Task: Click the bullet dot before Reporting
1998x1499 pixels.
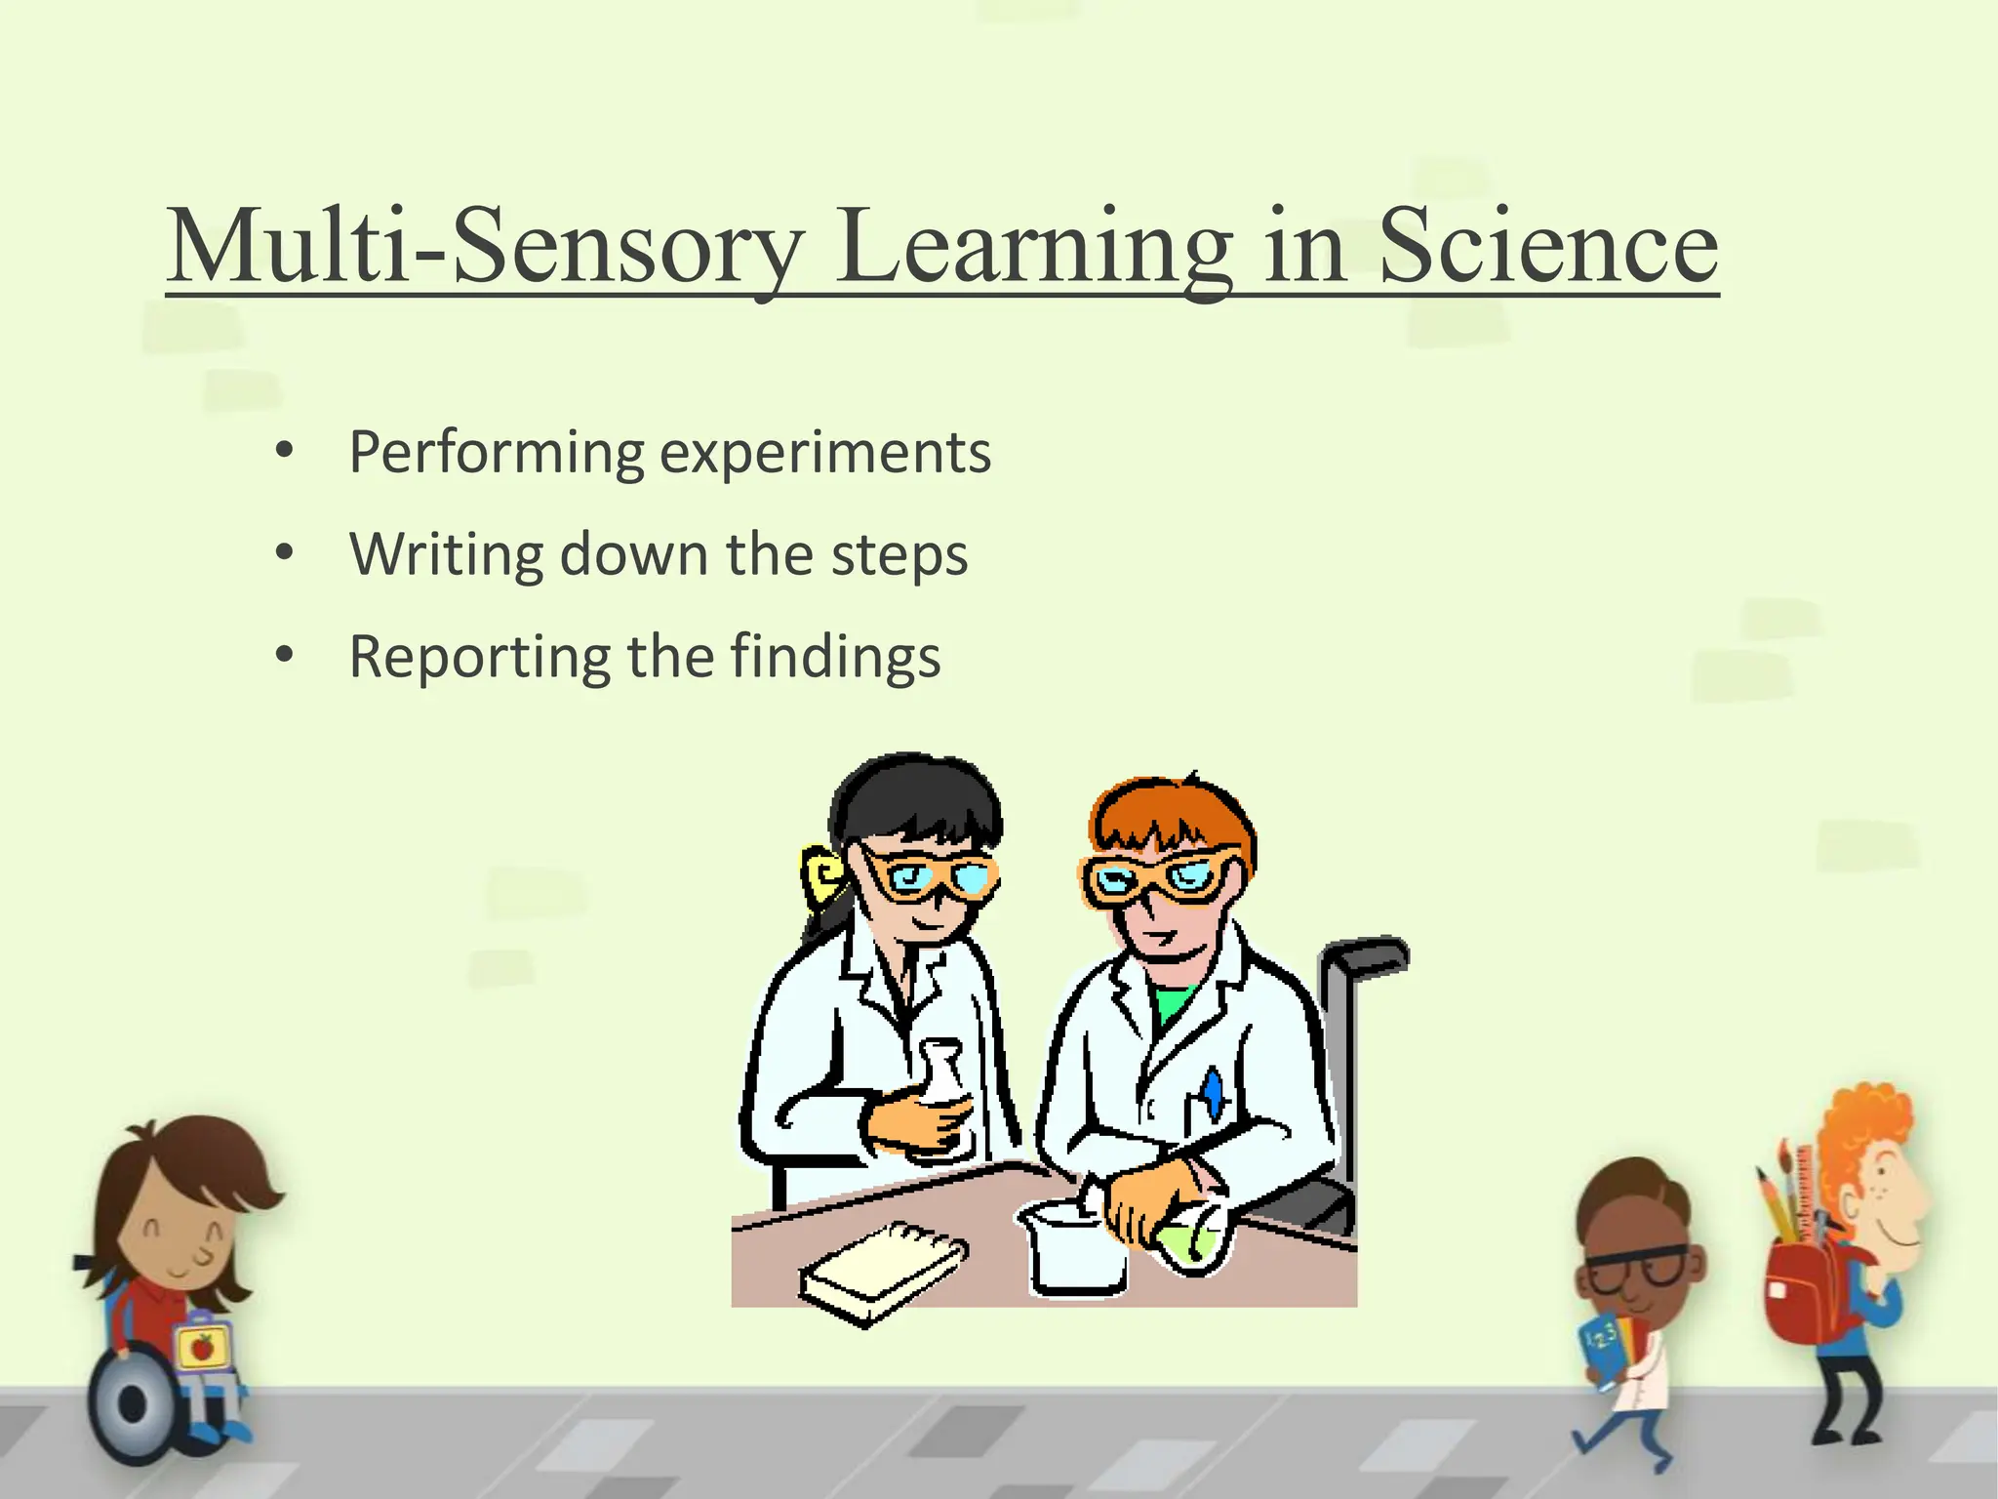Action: click(284, 656)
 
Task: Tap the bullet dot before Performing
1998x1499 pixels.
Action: click(284, 451)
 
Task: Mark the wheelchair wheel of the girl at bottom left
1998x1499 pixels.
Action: click(131, 1405)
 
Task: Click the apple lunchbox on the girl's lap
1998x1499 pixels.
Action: click(203, 1348)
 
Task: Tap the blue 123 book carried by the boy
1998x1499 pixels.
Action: click(1601, 1347)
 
